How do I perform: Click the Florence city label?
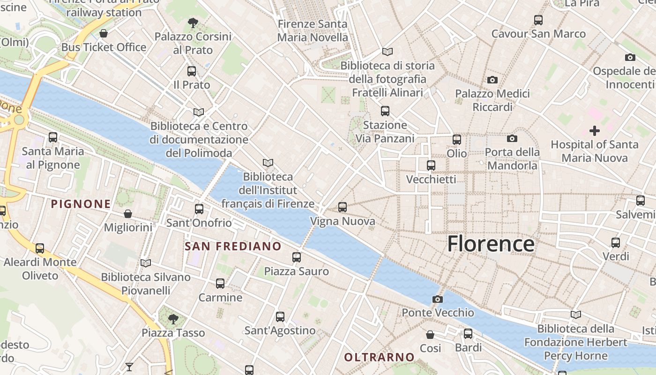(x=491, y=244)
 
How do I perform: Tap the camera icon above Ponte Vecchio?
(x=437, y=299)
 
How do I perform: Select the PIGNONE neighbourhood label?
(x=81, y=204)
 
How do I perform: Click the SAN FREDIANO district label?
(x=233, y=247)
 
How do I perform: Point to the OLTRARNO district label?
(x=380, y=357)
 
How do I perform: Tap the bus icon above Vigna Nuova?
(x=343, y=207)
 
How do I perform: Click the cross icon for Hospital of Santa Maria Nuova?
(x=594, y=130)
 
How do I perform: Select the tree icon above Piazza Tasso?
(x=173, y=319)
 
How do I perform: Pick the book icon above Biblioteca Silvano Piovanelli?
(x=146, y=263)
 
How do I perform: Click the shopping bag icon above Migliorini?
(x=127, y=214)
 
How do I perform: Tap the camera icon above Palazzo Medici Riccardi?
(x=492, y=80)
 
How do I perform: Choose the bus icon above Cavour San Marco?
(x=538, y=20)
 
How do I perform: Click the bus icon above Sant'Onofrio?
(x=199, y=209)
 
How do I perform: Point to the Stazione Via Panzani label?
(x=385, y=132)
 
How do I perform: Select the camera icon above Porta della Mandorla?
(x=512, y=138)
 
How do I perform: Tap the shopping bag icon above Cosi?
(x=430, y=334)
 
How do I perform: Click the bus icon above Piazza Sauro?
(x=296, y=257)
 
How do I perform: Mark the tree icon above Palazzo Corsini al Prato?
(x=193, y=22)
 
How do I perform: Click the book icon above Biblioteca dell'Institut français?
(x=268, y=163)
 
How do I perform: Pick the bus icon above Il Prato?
(x=191, y=71)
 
